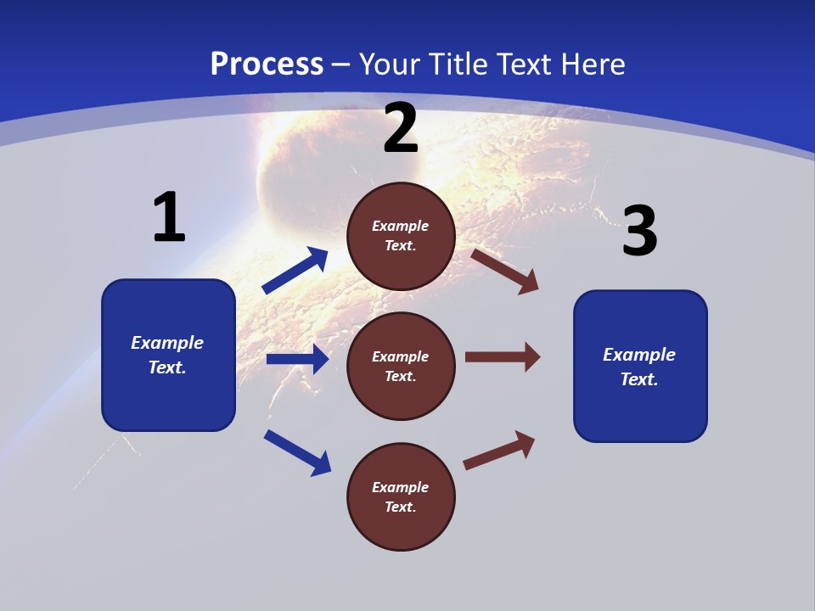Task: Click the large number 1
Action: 169,218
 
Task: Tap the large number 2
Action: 401,129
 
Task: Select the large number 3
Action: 639,232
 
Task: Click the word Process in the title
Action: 267,64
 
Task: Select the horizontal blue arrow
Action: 297,359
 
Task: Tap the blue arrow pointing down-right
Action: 298,452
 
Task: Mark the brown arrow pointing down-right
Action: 505,271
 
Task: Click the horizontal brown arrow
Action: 503,356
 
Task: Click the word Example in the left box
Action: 167,343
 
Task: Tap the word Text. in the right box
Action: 639,379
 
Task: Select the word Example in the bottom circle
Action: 401,487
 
